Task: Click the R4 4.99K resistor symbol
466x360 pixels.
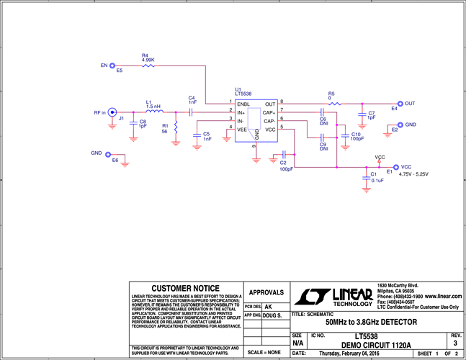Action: (x=148, y=66)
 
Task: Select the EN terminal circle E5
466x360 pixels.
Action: (x=112, y=66)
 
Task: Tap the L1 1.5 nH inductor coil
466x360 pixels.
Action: (x=154, y=112)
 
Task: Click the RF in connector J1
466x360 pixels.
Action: (x=112, y=112)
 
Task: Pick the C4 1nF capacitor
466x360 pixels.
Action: (x=192, y=112)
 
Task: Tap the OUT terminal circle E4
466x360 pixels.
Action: (x=400, y=104)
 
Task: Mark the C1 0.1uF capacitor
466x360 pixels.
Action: (x=367, y=176)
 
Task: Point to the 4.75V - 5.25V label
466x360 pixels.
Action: (x=413, y=174)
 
